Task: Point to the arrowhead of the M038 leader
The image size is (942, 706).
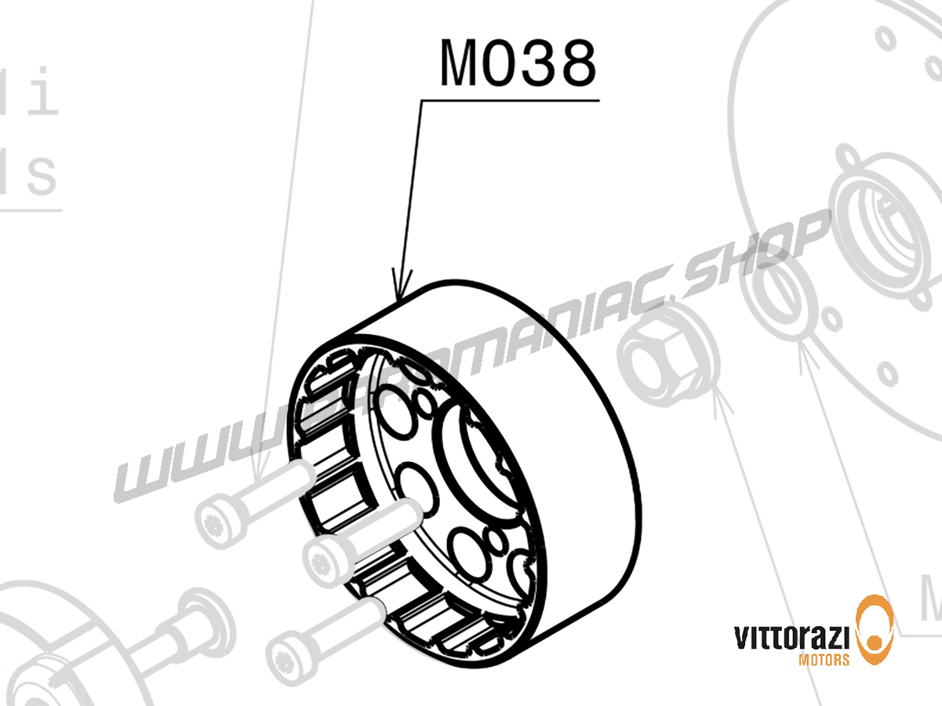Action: (x=404, y=289)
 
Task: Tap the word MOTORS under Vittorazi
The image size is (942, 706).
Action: (x=823, y=660)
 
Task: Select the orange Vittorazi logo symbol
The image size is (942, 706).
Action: (x=875, y=628)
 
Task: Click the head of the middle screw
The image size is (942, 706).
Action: (x=325, y=559)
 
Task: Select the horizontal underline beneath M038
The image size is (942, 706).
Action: (x=510, y=100)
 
